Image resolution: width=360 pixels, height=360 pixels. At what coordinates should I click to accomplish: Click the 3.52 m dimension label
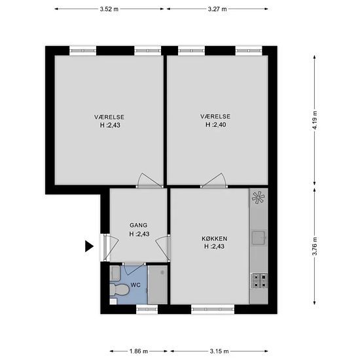109,9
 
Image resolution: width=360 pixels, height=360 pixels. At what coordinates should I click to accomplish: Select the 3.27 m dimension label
217,9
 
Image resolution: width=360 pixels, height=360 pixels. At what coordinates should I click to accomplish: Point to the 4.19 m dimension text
315,120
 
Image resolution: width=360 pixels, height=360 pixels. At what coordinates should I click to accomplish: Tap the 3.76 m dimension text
315,246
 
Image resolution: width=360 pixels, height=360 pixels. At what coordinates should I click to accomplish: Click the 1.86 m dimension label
139,351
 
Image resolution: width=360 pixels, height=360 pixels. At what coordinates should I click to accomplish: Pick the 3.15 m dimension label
219,351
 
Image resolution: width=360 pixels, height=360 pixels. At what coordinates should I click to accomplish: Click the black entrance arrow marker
89,246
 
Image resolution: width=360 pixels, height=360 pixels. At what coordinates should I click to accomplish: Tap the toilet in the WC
119,290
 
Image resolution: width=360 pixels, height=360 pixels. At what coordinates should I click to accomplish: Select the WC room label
135,285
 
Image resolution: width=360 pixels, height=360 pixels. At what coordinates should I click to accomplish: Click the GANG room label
139,225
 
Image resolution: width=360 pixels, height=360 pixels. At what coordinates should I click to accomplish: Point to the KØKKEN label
215,238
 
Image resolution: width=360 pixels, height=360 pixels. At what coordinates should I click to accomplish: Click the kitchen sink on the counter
259,238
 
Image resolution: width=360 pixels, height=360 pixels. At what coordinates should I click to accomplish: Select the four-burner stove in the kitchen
259,281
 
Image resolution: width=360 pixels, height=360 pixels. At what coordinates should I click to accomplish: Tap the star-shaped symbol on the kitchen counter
259,198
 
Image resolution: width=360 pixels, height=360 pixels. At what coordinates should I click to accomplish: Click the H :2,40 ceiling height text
215,124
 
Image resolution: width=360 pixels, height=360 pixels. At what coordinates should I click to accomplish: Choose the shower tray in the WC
158,285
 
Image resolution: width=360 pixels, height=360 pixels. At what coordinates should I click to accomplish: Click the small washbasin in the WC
115,273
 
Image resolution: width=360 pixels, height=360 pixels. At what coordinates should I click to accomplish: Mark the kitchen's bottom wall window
213,309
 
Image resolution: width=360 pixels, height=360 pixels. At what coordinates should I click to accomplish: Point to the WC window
147,309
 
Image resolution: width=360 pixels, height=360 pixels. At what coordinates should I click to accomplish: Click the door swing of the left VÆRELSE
150,180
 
